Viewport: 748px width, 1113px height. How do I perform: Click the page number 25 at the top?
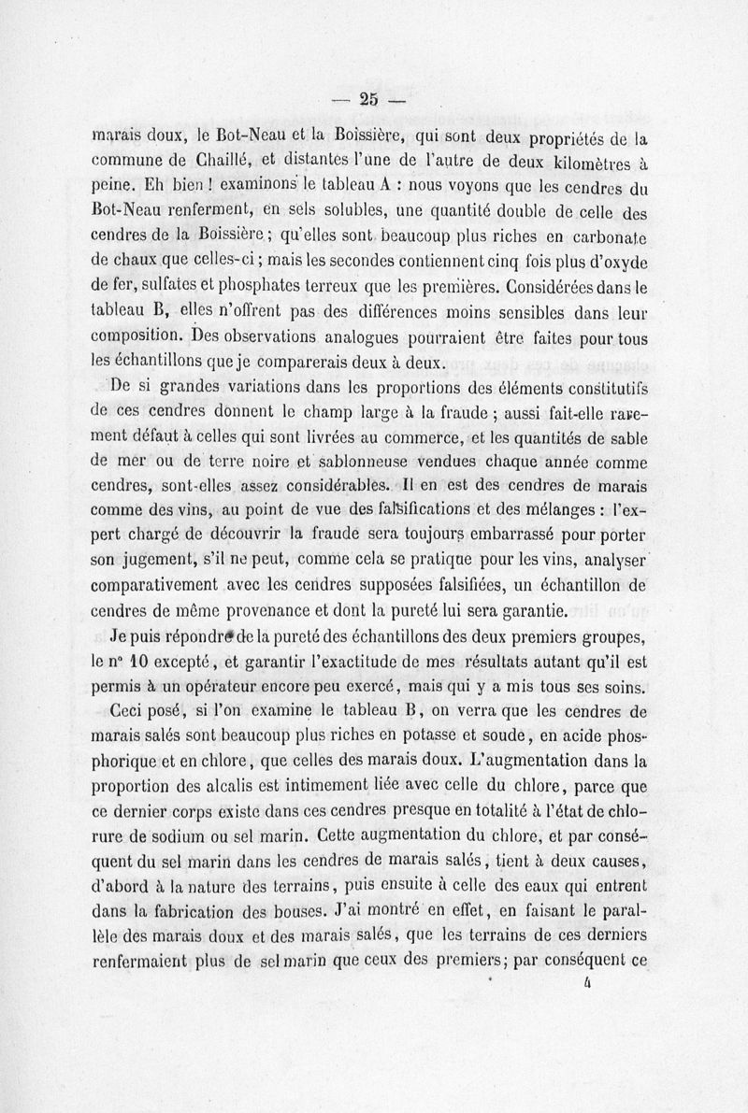[x=367, y=98]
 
